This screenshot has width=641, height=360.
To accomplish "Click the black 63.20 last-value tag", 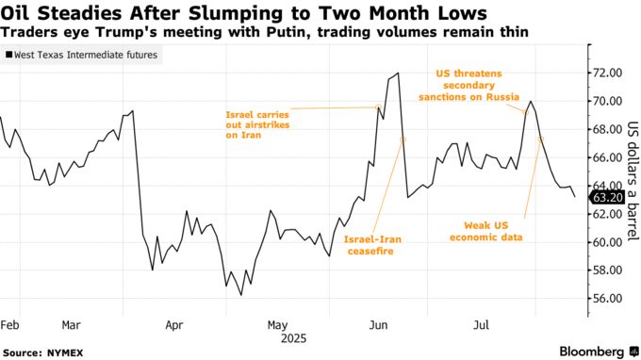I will point(604,198).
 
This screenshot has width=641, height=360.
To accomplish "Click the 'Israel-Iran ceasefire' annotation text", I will point(372,246).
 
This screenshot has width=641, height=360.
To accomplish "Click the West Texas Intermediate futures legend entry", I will point(83,57).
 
